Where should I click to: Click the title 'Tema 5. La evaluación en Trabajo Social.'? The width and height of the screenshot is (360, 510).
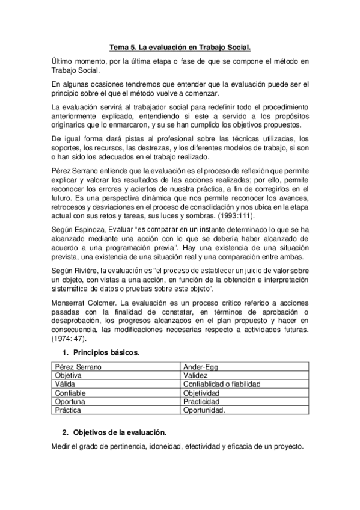tap(180, 46)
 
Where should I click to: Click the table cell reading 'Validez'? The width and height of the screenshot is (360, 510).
tap(197, 375)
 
